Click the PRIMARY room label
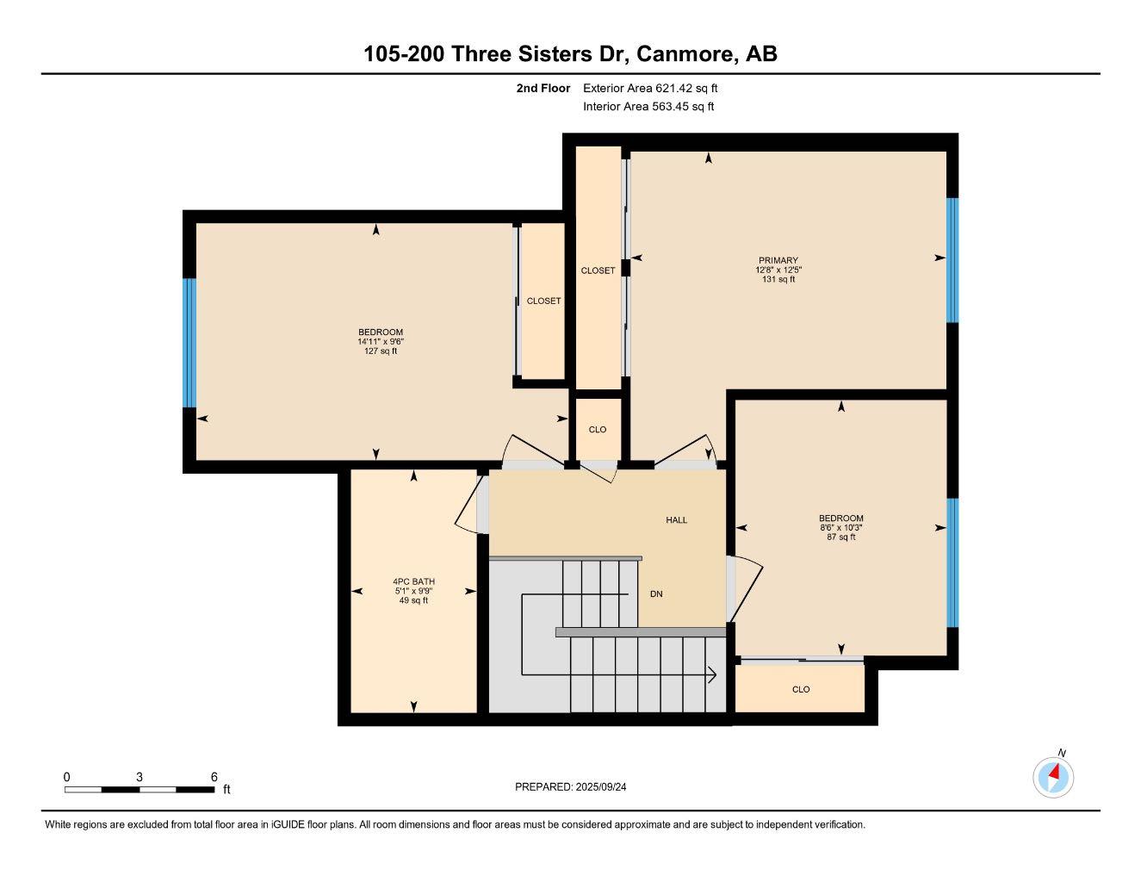click(x=778, y=260)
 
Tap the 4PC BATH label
click(x=412, y=581)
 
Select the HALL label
click(x=676, y=520)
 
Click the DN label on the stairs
click(x=656, y=594)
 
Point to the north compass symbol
click(x=1053, y=777)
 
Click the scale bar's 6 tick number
click(x=214, y=777)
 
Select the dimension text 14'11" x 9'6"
click(x=381, y=342)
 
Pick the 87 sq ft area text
click(x=840, y=537)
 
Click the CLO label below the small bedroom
click(x=801, y=690)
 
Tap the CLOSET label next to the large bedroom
click(x=543, y=301)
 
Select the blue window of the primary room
click(x=952, y=260)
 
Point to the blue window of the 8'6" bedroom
click(x=952, y=562)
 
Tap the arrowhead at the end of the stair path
click(x=712, y=674)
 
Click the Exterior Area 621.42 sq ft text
click(x=649, y=88)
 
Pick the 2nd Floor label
click(x=543, y=88)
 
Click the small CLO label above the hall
click(x=597, y=430)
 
